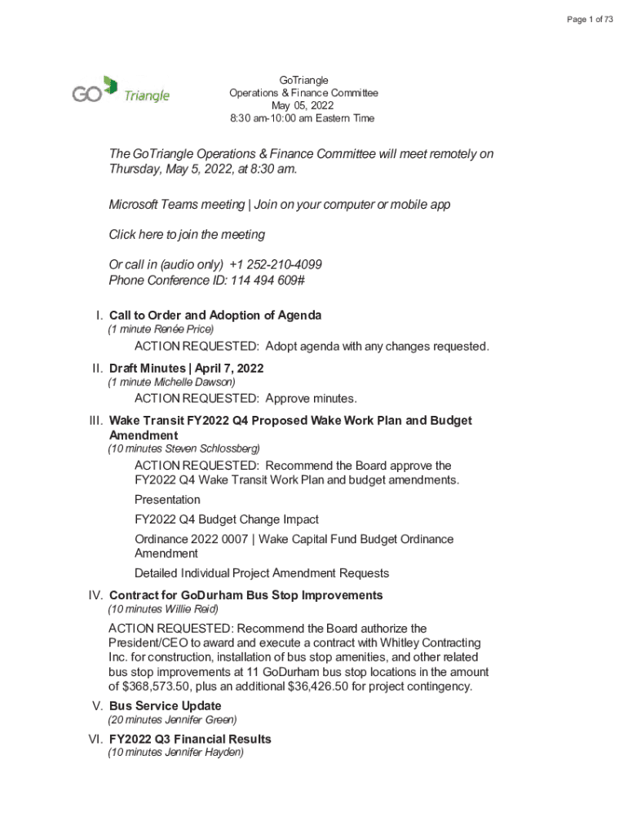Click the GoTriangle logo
121,91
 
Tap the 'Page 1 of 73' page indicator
590,20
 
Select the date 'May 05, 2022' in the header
303,106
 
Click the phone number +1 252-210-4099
276,264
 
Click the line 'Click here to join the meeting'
187,234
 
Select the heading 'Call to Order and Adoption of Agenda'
215,315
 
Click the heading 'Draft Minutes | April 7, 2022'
186,368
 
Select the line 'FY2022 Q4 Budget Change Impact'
226,519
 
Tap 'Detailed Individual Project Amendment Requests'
261,573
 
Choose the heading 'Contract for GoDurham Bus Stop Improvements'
245,595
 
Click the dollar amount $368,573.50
152,687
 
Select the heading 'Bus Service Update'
165,705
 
